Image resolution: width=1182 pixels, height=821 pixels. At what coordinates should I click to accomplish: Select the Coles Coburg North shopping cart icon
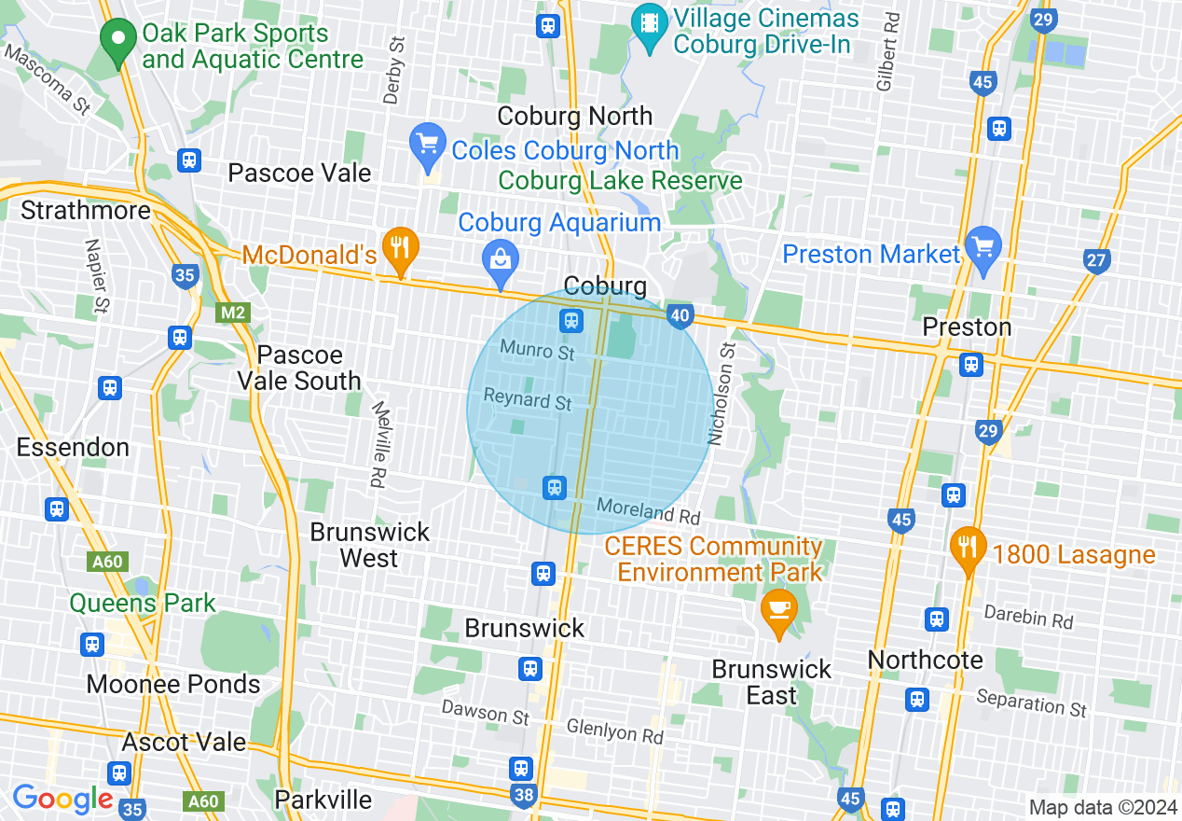click(x=428, y=146)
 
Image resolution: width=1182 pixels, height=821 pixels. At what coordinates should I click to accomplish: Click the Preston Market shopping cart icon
click(x=984, y=249)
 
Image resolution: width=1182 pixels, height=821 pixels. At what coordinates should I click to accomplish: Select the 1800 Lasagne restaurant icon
click(x=969, y=550)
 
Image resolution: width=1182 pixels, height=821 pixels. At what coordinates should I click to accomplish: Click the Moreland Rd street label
click(x=648, y=510)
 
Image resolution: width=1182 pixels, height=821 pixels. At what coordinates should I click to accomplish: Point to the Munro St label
click(x=537, y=351)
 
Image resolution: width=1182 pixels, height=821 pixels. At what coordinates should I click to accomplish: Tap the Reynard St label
click(x=527, y=400)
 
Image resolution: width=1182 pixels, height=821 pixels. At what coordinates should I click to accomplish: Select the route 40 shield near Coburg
click(x=680, y=317)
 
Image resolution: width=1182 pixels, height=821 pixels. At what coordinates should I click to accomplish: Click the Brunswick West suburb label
click(x=370, y=545)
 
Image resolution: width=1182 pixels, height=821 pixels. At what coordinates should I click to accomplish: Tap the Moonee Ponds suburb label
click(x=173, y=684)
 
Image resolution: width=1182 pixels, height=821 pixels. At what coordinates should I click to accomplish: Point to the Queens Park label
click(x=143, y=603)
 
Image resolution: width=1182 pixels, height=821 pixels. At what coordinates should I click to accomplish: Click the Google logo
click(x=62, y=799)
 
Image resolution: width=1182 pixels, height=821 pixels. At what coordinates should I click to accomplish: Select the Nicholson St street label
click(x=723, y=393)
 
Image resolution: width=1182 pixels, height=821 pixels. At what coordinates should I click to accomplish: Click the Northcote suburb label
click(x=925, y=660)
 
